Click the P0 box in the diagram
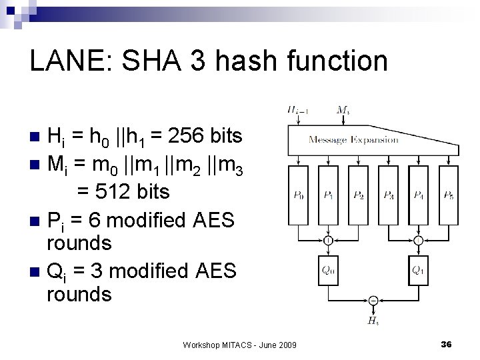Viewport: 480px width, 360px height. [x=299, y=196]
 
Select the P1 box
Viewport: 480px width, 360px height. [x=329, y=196]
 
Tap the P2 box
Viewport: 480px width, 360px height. [x=359, y=196]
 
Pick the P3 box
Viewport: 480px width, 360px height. [x=389, y=196]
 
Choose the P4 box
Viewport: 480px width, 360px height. [x=419, y=196]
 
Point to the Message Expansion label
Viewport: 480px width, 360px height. [x=353, y=139]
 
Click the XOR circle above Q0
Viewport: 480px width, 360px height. [x=329, y=241]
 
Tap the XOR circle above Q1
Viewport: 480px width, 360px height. [x=418, y=241]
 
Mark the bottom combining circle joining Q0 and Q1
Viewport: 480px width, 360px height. [x=373, y=301]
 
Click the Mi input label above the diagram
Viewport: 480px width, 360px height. [x=344, y=109]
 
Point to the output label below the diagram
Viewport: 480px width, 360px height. [x=373, y=321]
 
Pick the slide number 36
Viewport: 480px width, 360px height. [x=447, y=343]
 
